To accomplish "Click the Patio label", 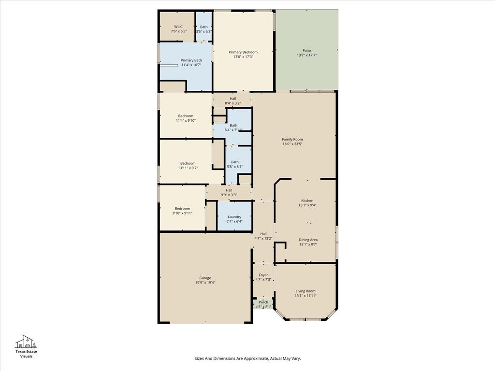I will coord(306,50).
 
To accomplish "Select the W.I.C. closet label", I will coord(178,27).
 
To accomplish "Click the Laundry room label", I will coord(234,217).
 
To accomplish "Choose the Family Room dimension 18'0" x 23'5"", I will coord(292,144).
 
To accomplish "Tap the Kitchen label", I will coord(307,200).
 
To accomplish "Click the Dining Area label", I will coord(308,240).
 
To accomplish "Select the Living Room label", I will coord(306,291).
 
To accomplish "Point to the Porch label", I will coord(263,302).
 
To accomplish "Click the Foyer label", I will coord(263,275).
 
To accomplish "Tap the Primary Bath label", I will coord(191,60).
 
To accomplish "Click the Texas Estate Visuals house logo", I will coord(26,341).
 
